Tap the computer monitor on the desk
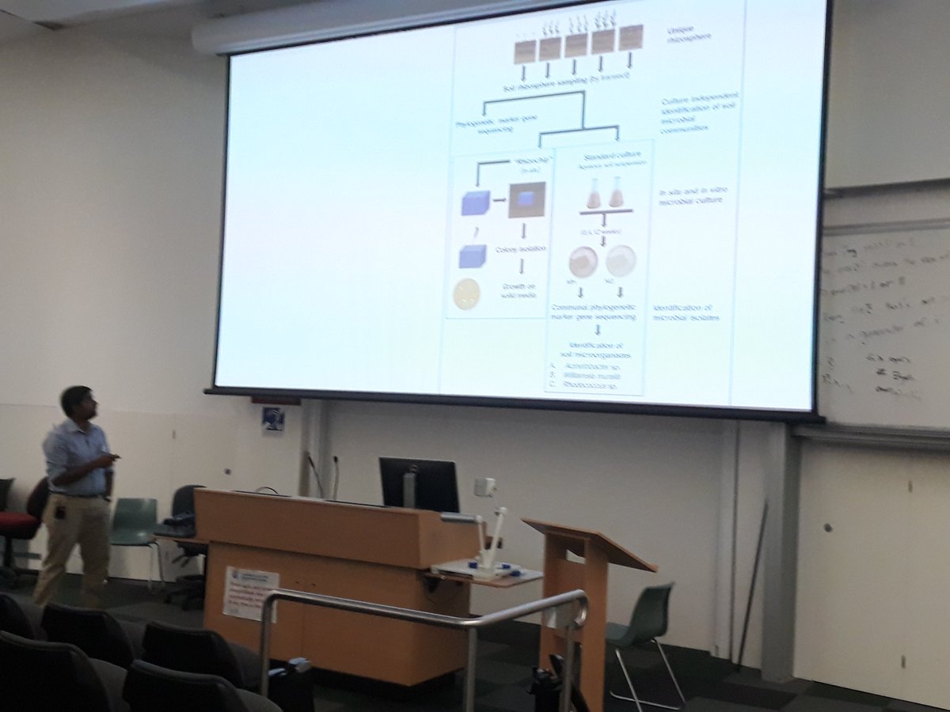pos(419,485)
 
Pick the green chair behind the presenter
pos(135,526)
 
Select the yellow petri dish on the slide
pos(466,293)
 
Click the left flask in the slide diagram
pos(593,193)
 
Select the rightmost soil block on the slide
pos(631,37)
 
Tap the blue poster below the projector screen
pos(273,418)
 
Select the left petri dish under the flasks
pos(583,261)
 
